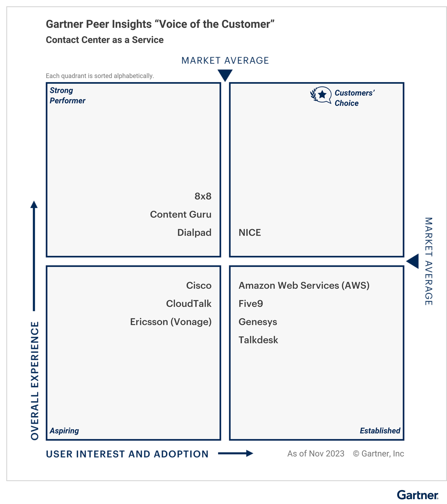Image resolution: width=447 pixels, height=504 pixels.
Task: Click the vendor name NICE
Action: (250, 233)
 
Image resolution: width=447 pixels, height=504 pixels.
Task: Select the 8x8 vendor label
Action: (203, 196)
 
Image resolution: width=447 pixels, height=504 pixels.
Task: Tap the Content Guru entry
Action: (181, 214)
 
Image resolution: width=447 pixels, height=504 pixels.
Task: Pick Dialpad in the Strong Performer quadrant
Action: (194, 233)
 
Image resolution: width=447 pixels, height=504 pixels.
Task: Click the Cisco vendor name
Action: (199, 286)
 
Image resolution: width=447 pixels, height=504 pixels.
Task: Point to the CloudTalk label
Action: (189, 304)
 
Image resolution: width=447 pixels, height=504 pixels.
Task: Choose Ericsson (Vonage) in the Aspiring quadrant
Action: (171, 322)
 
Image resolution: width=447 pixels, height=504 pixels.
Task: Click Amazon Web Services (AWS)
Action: (304, 286)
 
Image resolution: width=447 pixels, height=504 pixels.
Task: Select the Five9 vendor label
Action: (251, 304)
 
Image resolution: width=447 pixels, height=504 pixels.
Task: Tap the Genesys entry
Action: (258, 322)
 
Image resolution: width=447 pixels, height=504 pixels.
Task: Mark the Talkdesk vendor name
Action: (258, 340)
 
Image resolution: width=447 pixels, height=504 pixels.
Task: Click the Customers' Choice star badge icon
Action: (321, 95)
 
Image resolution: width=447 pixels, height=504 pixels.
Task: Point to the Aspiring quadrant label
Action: (64, 431)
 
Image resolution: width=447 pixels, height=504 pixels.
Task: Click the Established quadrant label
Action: (380, 431)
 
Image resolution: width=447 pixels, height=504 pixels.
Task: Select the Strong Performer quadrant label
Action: (67, 95)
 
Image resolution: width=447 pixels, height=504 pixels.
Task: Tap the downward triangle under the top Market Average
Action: (225, 75)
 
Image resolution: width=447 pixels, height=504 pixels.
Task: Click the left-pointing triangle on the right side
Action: (413, 262)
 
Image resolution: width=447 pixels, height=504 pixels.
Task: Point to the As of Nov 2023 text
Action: (316, 454)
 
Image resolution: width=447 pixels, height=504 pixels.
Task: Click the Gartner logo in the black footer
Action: (418, 495)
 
